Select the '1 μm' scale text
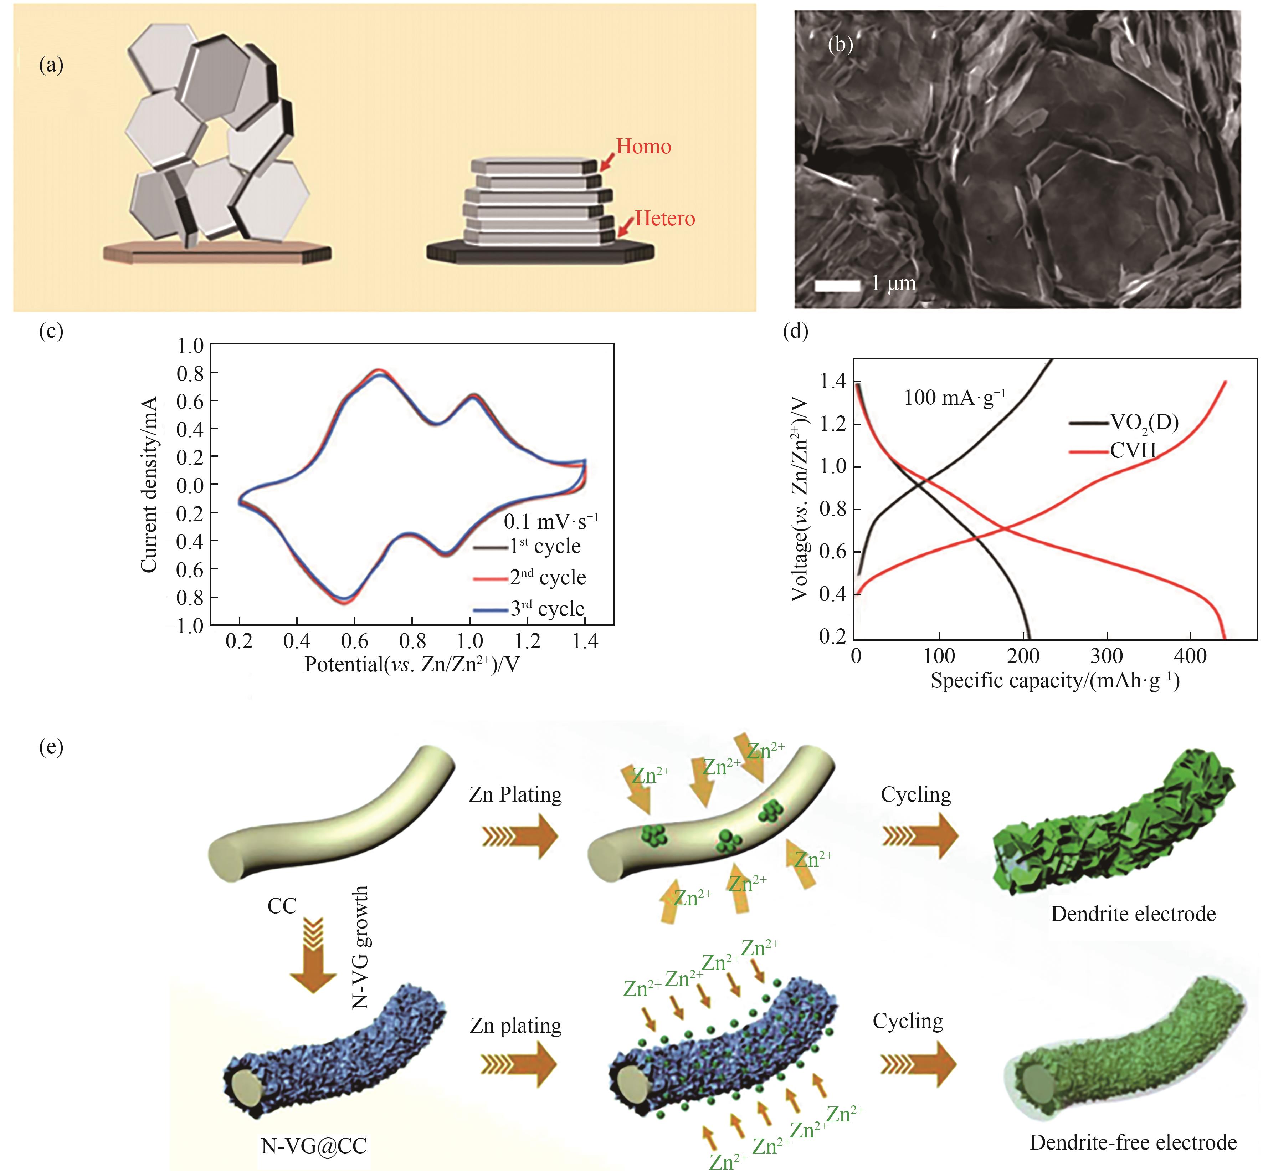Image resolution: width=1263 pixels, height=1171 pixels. pos(893,283)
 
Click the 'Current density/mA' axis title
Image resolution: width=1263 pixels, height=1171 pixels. pos(149,485)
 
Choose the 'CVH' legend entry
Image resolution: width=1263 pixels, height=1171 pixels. pos(1133,450)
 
